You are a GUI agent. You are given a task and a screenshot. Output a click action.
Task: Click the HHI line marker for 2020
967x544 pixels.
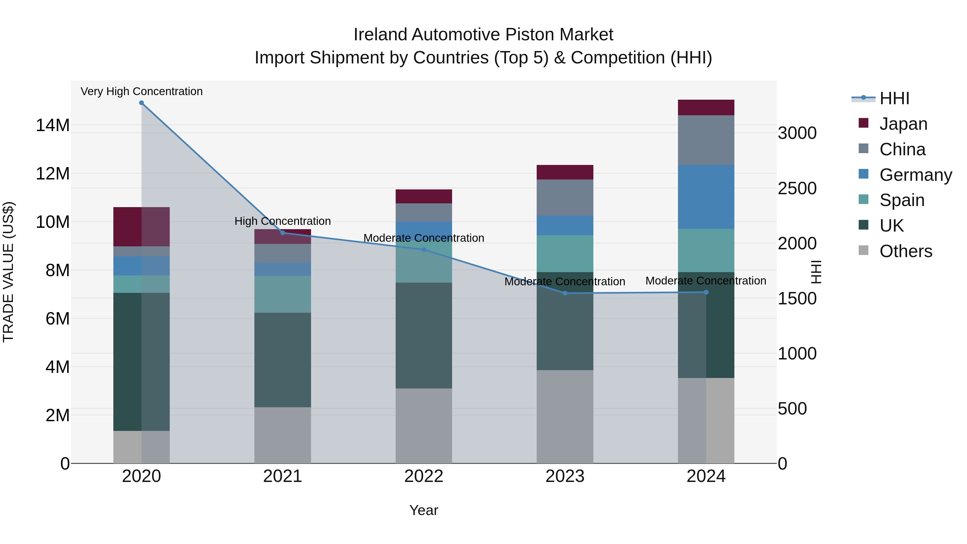pyautogui.click(x=142, y=103)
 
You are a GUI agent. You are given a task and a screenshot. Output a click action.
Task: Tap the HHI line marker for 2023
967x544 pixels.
pyautogui.click(x=565, y=293)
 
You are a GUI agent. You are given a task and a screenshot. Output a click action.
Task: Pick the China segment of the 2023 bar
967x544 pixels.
pyautogui.click(x=565, y=198)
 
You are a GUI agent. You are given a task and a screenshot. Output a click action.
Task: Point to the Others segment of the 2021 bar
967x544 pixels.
pyautogui.click(x=282, y=435)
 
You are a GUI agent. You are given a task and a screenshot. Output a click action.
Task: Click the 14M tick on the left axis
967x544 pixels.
pyautogui.click(x=53, y=125)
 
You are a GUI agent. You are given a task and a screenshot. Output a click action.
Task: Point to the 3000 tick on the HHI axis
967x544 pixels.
pyautogui.click(x=797, y=133)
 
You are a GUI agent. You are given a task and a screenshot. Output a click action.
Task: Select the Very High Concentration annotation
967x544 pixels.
pyautogui.click(x=142, y=91)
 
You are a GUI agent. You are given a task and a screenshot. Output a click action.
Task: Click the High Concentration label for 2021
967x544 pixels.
pyautogui.click(x=282, y=221)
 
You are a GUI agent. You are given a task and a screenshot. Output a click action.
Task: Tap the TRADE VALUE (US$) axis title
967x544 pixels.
pyautogui.click(x=8, y=272)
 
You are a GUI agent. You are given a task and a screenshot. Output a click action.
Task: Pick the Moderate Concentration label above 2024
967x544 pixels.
pyautogui.click(x=705, y=280)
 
